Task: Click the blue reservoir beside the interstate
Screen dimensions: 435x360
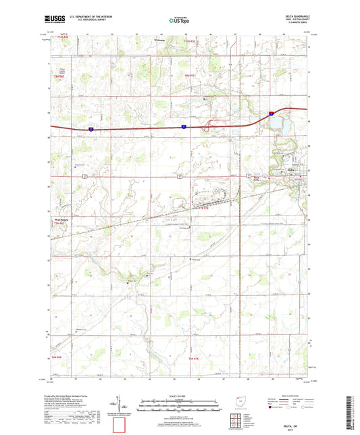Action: [277, 124]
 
